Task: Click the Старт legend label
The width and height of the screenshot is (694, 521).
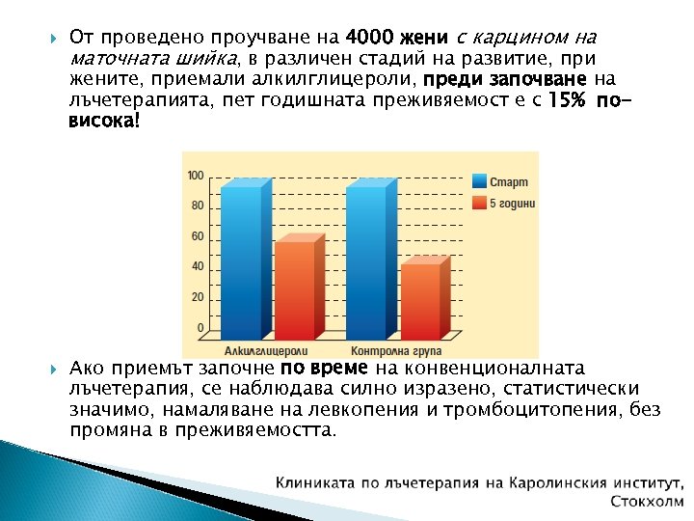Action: click(x=509, y=182)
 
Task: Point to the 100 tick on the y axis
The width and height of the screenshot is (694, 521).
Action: click(x=195, y=176)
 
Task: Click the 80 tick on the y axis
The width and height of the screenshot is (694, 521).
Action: click(x=197, y=206)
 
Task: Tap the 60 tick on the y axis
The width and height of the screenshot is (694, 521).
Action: click(x=197, y=236)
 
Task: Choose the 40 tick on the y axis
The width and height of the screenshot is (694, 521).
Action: click(x=197, y=266)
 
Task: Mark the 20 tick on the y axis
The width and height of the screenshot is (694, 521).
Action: click(x=197, y=297)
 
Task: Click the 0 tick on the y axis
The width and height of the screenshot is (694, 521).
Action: click(x=200, y=328)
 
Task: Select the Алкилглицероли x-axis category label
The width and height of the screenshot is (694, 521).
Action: click(x=266, y=349)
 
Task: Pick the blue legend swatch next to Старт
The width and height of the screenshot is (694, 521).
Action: click(x=479, y=181)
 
